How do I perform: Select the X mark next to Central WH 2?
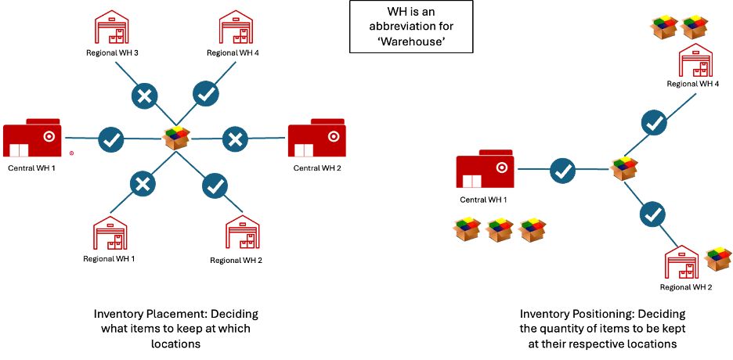click(234, 139)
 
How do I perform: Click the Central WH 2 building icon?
click(317, 139)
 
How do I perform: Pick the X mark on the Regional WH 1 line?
click(142, 185)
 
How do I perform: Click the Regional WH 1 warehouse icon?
click(110, 233)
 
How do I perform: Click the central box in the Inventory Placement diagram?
click(177, 138)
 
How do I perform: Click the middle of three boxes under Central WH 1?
click(500, 229)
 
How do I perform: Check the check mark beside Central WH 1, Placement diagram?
click(111, 140)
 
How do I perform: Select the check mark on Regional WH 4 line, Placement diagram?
click(206, 94)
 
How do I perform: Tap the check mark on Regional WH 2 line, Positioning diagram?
click(654, 213)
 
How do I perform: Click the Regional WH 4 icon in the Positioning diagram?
click(694, 63)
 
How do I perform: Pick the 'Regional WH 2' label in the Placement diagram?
click(236, 260)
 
